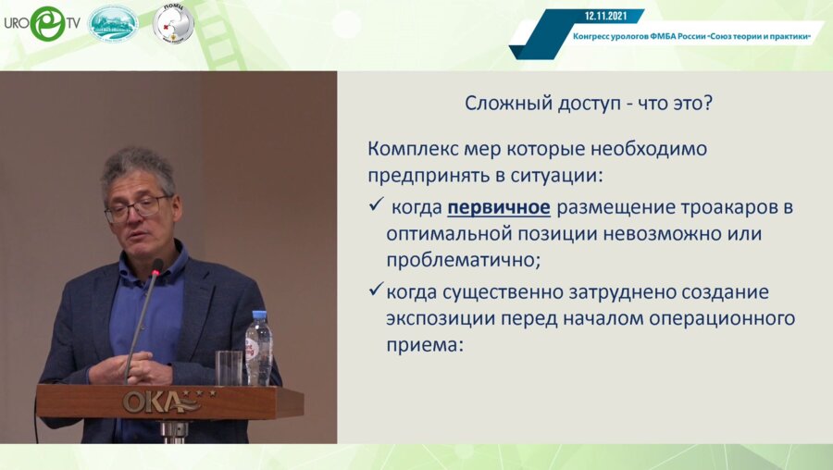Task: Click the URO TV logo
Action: coord(41,23)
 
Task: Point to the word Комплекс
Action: coord(407,149)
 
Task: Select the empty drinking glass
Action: coord(228,366)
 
